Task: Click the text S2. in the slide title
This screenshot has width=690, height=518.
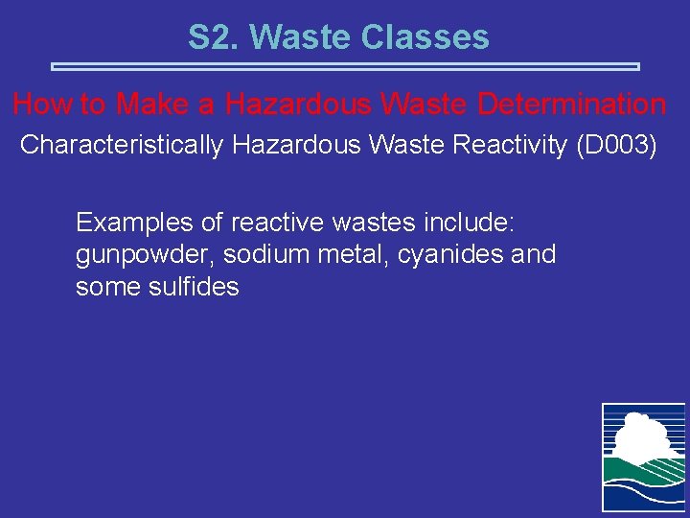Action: coord(213,37)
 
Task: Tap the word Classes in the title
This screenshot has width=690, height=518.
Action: coord(426,37)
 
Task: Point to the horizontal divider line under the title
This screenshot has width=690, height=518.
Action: coord(344,67)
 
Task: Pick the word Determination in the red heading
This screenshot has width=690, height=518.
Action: coord(569,104)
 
